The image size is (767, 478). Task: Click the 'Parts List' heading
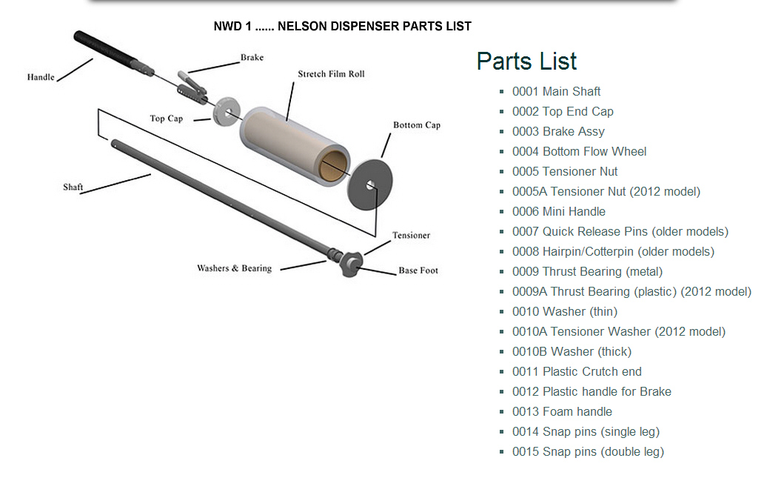click(526, 61)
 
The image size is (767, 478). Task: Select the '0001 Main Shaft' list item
click(556, 91)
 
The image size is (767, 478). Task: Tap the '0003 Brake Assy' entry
click(558, 131)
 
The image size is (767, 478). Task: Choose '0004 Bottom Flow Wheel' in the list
click(579, 151)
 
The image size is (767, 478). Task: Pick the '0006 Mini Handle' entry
click(558, 211)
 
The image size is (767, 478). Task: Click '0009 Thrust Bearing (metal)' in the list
click(587, 271)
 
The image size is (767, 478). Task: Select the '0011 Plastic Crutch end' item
click(577, 371)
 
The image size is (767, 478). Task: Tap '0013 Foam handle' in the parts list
click(562, 411)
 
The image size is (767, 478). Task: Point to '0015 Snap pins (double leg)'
click(588, 451)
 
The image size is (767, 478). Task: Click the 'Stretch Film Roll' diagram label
click(331, 74)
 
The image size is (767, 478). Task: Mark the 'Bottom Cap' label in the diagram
click(416, 125)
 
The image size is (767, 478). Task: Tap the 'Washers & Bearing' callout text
click(234, 268)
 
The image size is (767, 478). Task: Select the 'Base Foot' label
click(418, 270)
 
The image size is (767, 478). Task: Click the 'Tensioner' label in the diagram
click(411, 235)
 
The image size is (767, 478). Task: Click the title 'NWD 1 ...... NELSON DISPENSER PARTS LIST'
click(342, 26)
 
